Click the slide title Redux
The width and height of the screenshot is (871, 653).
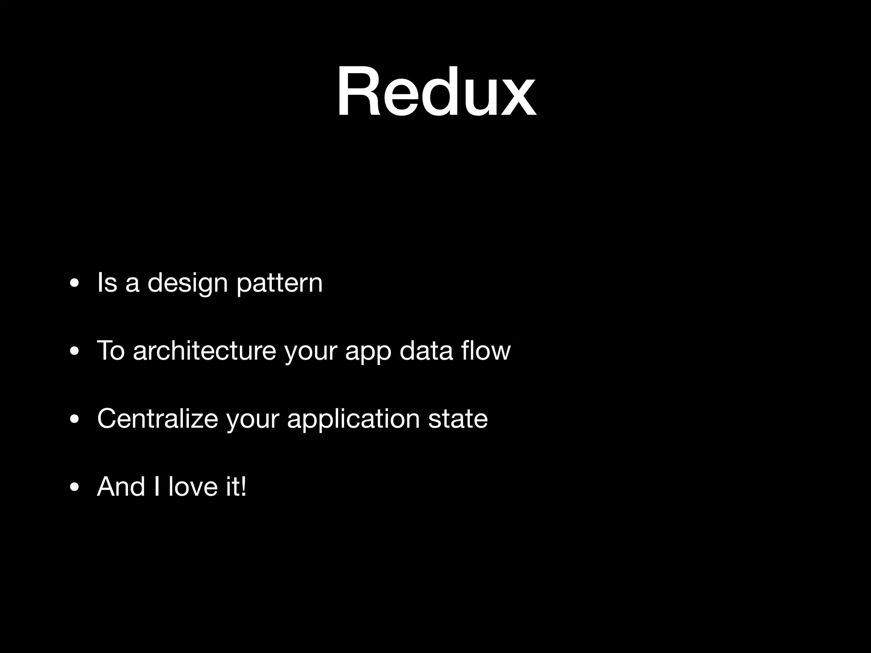[x=436, y=92]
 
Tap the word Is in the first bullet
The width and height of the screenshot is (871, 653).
[x=107, y=282]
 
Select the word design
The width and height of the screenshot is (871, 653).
[x=188, y=283]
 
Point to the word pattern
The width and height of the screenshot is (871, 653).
[x=279, y=283]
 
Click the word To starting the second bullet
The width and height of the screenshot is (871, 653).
[x=111, y=351]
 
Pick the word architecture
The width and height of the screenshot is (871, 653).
[x=205, y=351]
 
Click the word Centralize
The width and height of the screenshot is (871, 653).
[x=157, y=418]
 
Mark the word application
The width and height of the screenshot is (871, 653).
[x=353, y=419]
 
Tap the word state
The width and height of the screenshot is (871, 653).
[x=458, y=419]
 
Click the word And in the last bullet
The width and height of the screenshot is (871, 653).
[x=121, y=486]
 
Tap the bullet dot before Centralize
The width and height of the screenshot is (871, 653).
[x=74, y=420]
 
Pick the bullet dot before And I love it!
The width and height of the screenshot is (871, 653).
[x=74, y=488]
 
